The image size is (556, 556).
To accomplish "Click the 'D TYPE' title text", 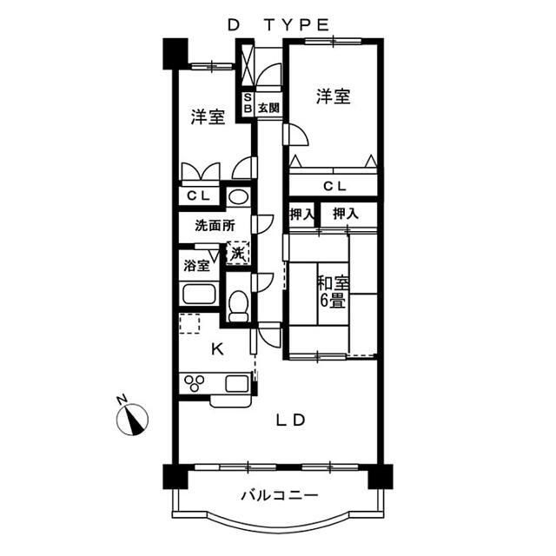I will pyautogui.click(x=278, y=25).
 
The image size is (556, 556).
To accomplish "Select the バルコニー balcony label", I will pyautogui.click(x=278, y=496).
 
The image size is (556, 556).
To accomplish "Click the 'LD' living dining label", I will pyautogui.click(x=291, y=420).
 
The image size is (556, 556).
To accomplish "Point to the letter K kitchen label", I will pyautogui.click(x=217, y=349).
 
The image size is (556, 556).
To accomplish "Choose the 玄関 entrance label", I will pyautogui.click(x=268, y=108).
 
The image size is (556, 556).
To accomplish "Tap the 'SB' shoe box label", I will pyautogui.click(x=247, y=103).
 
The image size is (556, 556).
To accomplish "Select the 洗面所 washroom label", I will pyautogui.click(x=214, y=225).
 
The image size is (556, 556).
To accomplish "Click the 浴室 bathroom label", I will pyautogui.click(x=195, y=265).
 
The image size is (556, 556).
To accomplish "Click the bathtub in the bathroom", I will pyautogui.click(x=198, y=294).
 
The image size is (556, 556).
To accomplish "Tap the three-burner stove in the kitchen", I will pyautogui.click(x=195, y=383).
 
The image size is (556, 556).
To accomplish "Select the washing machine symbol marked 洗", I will pyautogui.click(x=238, y=253).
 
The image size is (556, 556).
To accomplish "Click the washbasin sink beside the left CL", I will pyautogui.click(x=238, y=196).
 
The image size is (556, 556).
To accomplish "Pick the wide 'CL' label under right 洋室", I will pyautogui.click(x=334, y=186).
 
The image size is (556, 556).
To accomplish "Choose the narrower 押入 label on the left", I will pyautogui.click(x=301, y=214).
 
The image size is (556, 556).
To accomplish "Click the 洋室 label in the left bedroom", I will pyautogui.click(x=208, y=116).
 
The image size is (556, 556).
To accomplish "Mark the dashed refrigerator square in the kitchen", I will pyautogui.click(x=189, y=324).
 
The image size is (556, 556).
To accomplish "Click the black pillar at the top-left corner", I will pyautogui.click(x=174, y=53).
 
